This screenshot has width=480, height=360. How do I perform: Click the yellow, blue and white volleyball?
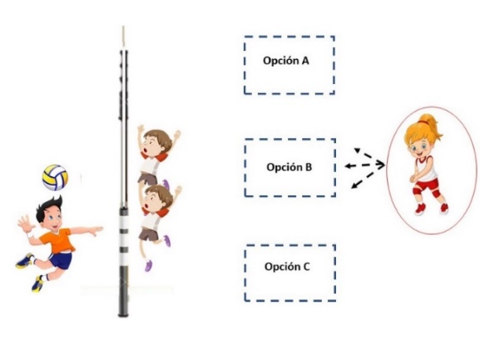tap(55, 177)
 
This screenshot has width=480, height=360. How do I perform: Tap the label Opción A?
tap(286, 61)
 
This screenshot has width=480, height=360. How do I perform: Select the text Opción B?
tap(289, 167)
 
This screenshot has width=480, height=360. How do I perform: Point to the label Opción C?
tap(287, 267)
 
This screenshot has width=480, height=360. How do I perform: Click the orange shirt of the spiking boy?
tap(58, 240)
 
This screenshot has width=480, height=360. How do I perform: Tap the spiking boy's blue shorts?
tap(61, 260)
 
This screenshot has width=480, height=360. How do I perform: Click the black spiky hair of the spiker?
tap(49, 207)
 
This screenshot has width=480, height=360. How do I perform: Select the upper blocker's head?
tap(156, 143)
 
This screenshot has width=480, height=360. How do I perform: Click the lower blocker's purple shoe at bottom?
tap(148, 266)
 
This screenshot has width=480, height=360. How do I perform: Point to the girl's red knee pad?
tap(436, 194)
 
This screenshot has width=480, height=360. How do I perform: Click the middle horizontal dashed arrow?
tap(364, 165)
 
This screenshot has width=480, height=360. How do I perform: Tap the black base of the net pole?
tap(123, 290)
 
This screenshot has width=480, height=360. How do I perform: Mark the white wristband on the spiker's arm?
tap(30, 235)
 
